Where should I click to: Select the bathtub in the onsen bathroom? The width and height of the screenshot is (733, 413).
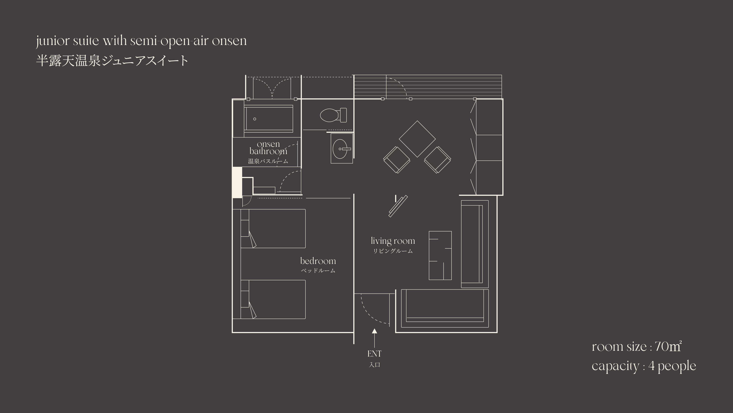pyautogui.click(x=268, y=119)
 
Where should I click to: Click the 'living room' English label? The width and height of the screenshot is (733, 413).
pyautogui.click(x=393, y=241)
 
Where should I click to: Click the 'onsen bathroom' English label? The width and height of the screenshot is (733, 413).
pyautogui.click(x=268, y=148)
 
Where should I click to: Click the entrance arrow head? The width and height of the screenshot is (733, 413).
pyautogui.click(x=374, y=331)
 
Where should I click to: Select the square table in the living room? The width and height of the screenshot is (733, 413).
pyautogui.click(x=417, y=139)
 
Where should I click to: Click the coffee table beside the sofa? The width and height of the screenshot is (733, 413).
pyautogui.click(x=440, y=255)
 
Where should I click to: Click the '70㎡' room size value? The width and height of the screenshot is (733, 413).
pyautogui.click(x=669, y=347)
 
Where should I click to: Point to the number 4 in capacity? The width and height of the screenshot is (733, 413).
pyautogui.click(x=652, y=366)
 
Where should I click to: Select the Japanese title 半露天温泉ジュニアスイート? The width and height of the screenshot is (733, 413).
pyautogui.click(x=112, y=61)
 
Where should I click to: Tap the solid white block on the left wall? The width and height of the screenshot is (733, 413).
pyautogui.click(x=237, y=182)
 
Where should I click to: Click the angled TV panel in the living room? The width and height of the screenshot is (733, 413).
pyautogui.click(x=398, y=206)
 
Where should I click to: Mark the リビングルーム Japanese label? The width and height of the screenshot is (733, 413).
pyautogui.click(x=393, y=251)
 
